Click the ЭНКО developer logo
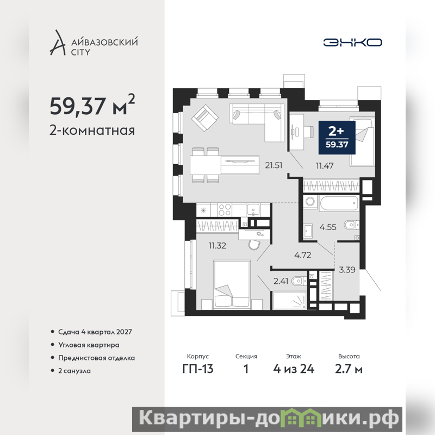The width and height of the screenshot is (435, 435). click(x=352, y=42)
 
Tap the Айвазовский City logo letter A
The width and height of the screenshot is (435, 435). click(x=58, y=42)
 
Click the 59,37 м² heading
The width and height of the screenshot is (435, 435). click(x=92, y=105)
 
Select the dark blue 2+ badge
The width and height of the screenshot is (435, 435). click(x=337, y=138)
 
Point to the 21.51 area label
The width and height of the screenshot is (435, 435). click(x=274, y=165)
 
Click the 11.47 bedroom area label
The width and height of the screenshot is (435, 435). click(x=325, y=166)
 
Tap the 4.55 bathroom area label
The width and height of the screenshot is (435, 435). click(x=328, y=227)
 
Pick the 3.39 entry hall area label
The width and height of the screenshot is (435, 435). click(x=347, y=269)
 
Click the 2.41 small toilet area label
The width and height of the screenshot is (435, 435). click(x=281, y=281)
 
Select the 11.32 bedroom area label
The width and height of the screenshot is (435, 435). click(x=217, y=246)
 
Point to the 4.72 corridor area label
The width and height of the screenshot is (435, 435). click(x=303, y=255)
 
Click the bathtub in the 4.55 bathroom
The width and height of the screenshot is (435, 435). click(x=339, y=203)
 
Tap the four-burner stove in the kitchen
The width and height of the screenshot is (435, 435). click(x=225, y=209)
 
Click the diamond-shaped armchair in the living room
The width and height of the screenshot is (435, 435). click(x=205, y=118)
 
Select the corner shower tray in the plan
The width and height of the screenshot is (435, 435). click(x=290, y=300)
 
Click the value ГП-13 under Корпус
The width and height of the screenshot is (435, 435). click(x=198, y=369)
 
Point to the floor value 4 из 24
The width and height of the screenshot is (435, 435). click(x=294, y=369)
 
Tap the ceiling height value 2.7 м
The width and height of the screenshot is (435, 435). click(x=349, y=369)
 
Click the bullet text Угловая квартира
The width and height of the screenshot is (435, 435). click(x=89, y=345)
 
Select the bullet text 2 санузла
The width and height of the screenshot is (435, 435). click(x=74, y=371)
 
